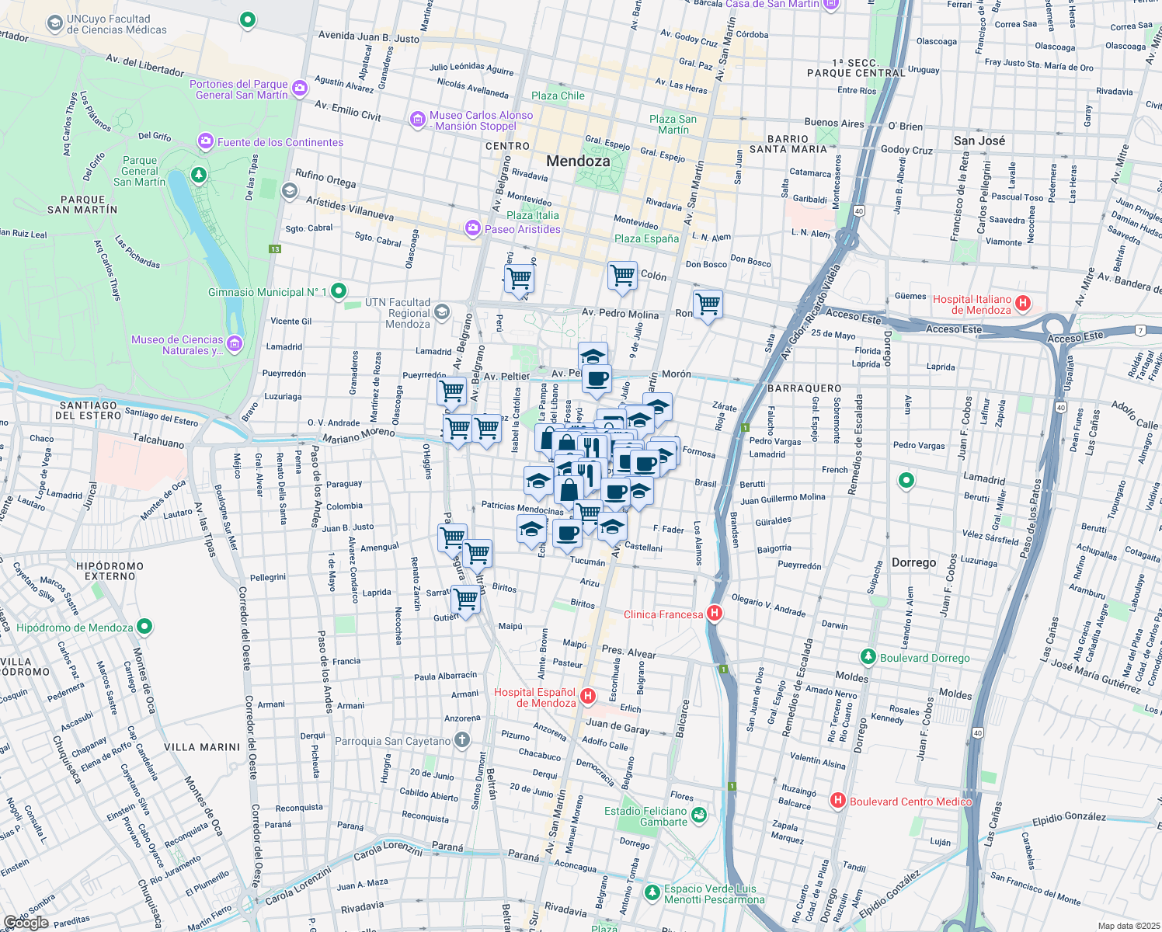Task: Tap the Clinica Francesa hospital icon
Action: (715, 614)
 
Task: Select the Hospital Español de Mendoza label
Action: (535, 697)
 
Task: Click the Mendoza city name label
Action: (578, 161)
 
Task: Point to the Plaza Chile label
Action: (558, 96)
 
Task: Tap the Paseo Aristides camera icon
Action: (472, 228)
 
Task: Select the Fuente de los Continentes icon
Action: (206, 141)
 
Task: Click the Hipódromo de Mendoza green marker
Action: (144, 627)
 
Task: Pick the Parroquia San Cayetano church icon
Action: (462, 740)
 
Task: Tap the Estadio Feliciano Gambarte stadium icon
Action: (699, 815)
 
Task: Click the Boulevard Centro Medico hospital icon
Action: (837, 801)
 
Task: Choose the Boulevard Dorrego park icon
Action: (868, 657)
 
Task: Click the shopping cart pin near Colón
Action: (622, 275)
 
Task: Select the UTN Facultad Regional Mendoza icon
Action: (442, 312)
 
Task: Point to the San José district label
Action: (979, 141)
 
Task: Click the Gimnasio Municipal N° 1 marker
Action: (339, 291)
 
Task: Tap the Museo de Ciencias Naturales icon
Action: (235, 344)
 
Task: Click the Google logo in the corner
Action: (26, 922)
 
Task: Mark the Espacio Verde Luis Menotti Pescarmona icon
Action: (652, 893)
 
